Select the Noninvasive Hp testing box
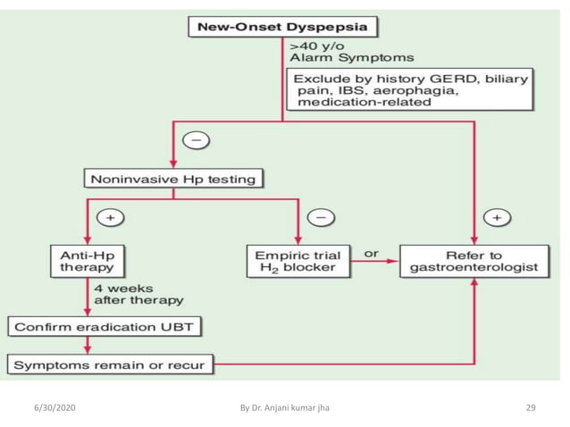click(173, 179)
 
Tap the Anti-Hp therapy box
click(87, 260)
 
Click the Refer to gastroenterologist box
click(474, 260)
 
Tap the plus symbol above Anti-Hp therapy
click(112, 217)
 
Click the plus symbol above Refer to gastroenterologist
click(498, 217)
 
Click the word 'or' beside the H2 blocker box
click(371, 254)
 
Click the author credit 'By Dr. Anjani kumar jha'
click(285, 407)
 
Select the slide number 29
click(530, 407)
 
